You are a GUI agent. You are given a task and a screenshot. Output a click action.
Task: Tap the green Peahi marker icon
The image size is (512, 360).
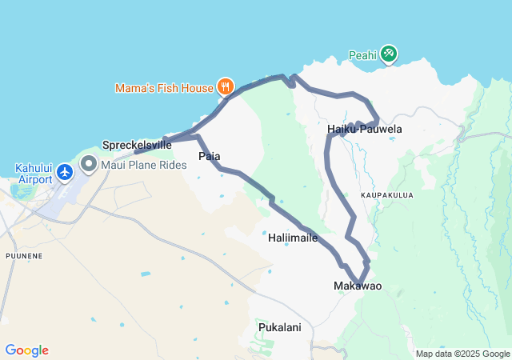389,54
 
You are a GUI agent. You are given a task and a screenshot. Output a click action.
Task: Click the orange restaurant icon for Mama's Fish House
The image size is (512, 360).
226,86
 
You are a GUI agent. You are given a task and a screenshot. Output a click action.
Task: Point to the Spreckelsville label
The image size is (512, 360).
137,145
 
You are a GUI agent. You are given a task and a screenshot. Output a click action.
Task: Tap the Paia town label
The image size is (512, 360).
210,157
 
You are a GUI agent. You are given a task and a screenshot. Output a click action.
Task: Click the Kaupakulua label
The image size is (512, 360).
388,194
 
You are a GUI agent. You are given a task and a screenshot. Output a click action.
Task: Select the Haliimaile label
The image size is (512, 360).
293,238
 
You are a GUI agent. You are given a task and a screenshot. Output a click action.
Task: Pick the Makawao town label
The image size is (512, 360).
358,286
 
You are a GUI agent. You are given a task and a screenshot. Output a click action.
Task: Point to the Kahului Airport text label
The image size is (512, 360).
33,174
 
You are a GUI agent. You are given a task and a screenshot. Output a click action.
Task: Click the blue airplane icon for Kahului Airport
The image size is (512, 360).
66,172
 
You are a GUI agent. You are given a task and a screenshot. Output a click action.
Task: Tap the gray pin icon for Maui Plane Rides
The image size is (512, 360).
88,165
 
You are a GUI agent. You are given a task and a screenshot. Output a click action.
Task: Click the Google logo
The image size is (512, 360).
26,350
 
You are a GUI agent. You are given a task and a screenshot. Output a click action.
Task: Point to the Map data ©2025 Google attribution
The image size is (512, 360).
462,354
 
